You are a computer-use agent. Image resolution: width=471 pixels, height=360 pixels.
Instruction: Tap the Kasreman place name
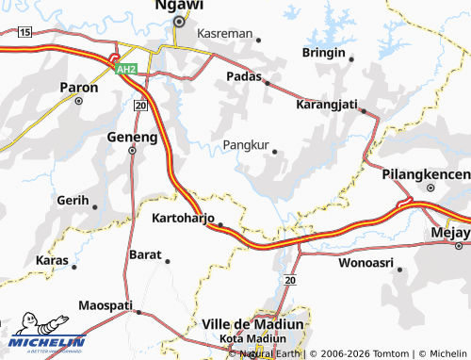click(x=226, y=33)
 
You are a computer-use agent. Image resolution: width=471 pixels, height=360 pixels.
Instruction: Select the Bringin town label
click(x=324, y=53)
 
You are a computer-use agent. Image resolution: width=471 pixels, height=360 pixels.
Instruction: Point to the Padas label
click(x=244, y=75)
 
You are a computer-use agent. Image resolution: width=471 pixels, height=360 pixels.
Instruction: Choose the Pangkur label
click(x=246, y=146)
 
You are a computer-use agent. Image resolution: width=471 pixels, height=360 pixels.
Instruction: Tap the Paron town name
click(x=79, y=88)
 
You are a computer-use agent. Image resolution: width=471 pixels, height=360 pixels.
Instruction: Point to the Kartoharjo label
click(x=183, y=218)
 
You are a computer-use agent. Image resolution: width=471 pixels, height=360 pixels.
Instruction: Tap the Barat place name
click(x=145, y=254)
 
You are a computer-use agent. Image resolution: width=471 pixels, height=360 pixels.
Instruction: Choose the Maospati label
click(x=106, y=305)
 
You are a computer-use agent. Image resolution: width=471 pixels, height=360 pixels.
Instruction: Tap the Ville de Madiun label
click(x=253, y=323)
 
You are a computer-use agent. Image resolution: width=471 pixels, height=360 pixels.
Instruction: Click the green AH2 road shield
click(x=125, y=70)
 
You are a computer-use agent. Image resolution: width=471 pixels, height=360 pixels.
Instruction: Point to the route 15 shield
click(x=24, y=32)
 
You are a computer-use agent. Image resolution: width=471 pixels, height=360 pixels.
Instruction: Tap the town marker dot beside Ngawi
click(x=178, y=21)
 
